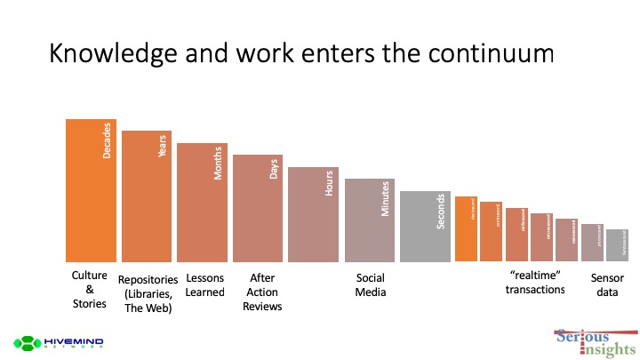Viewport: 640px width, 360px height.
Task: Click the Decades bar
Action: (92, 190)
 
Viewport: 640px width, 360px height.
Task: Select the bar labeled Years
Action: (147, 196)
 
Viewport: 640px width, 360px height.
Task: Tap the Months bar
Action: (202, 203)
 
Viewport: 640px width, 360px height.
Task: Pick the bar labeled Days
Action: (258, 208)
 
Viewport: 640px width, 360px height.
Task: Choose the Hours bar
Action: (313, 214)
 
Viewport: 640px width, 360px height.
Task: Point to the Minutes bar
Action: (369, 220)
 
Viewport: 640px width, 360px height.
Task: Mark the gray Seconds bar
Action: (425, 227)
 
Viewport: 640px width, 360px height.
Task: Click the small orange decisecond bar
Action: (466, 229)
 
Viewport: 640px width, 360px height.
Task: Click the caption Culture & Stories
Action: (89, 291)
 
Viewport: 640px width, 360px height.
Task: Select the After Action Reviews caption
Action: (261, 292)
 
